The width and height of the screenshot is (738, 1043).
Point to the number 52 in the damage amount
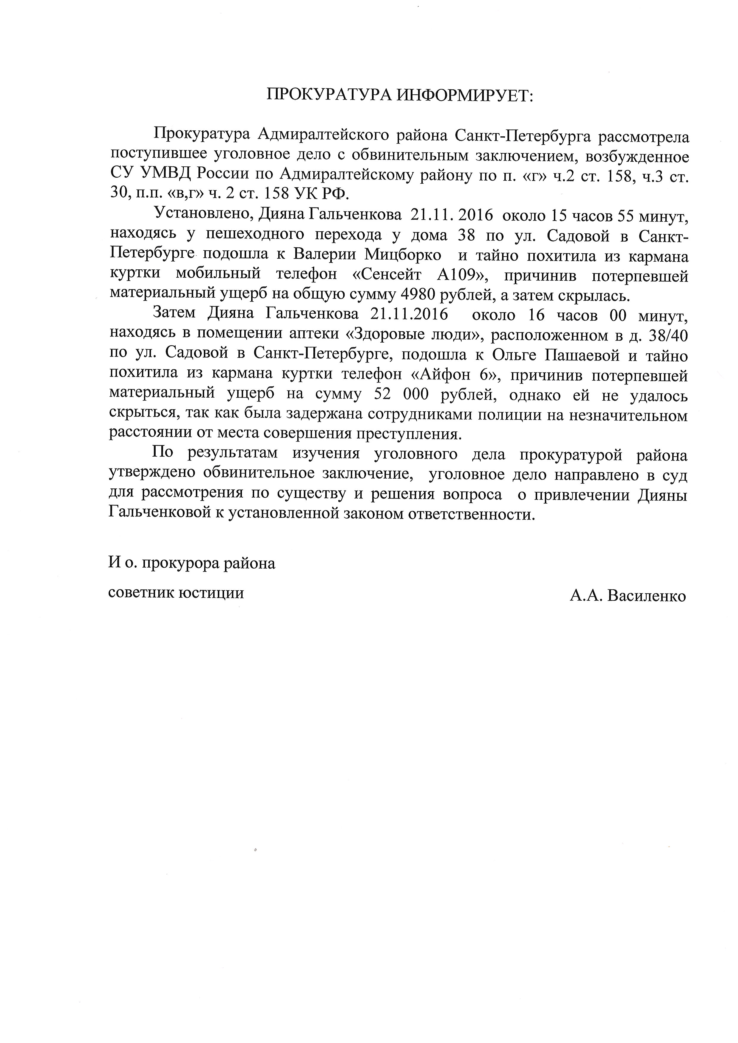click(x=383, y=395)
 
